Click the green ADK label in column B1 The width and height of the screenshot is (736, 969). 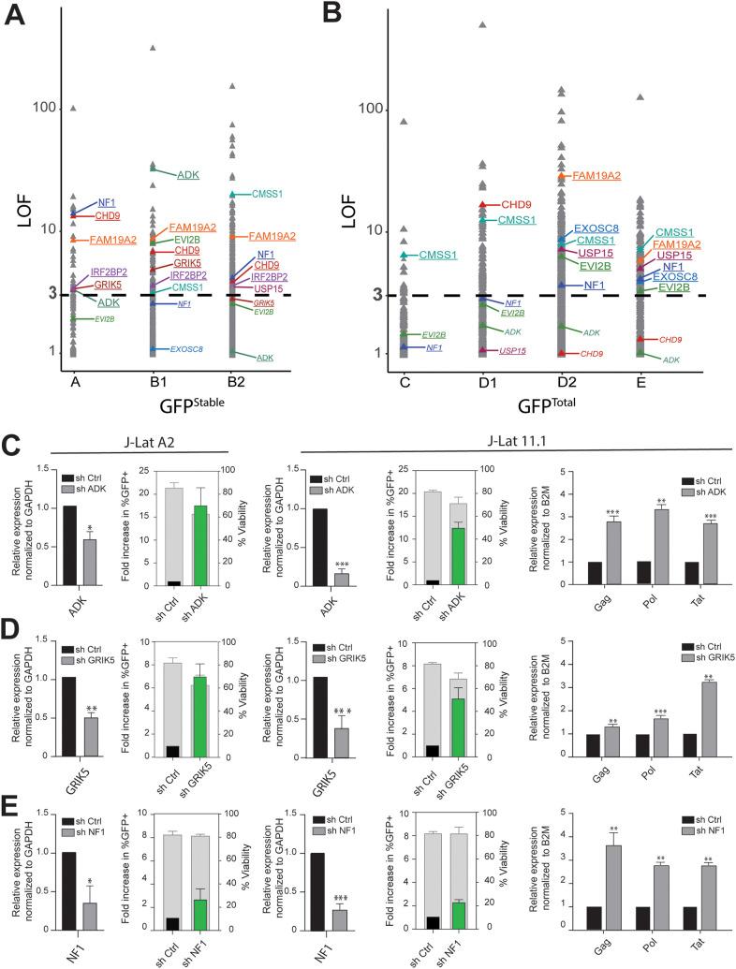[187, 175]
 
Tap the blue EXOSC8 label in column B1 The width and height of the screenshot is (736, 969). [187, 350]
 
